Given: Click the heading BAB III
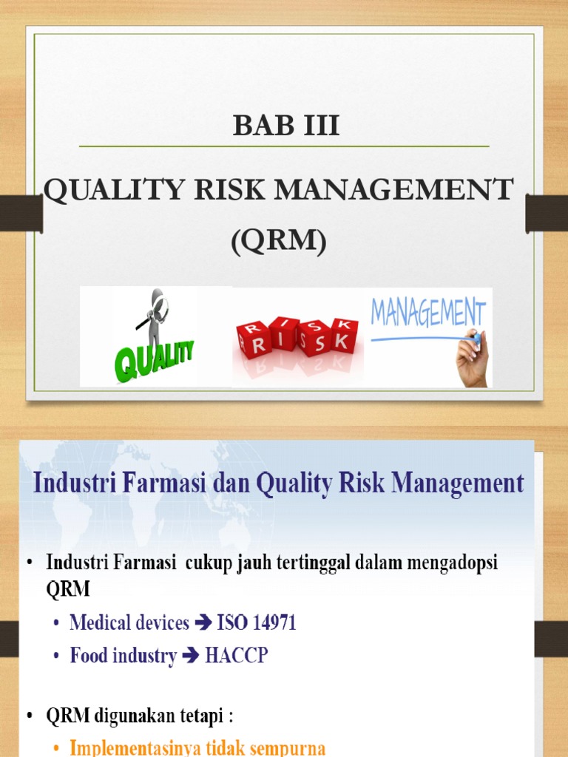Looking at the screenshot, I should click(x=286, y=126).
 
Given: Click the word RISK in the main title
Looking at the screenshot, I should click(x=231, y=191).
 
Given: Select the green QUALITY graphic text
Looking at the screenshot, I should click(x=155, y=358).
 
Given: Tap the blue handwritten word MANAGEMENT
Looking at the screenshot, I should click(x=428, y=313).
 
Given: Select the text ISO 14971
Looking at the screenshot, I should click(x=257, y=623).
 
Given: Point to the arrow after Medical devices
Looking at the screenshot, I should click(x=203, y=624).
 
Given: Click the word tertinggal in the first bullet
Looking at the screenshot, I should click(x=313, y=563).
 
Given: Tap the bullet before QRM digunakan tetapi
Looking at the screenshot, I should click(x=30, y=717).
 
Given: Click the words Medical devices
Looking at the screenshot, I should click(x=129, y=623).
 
